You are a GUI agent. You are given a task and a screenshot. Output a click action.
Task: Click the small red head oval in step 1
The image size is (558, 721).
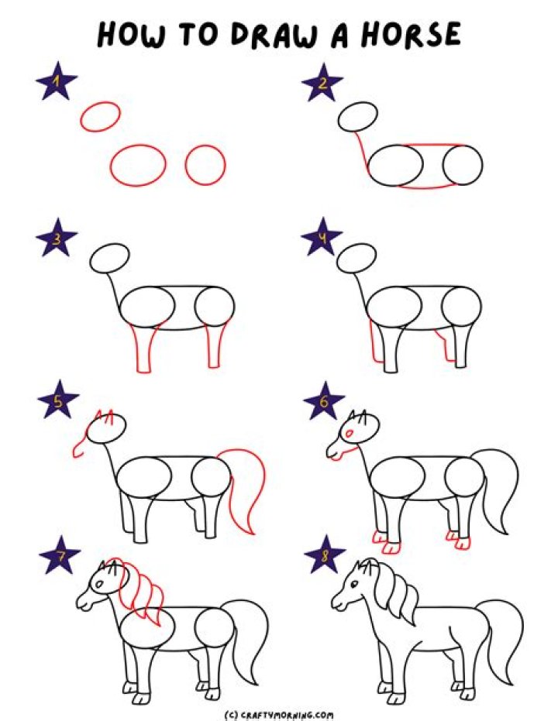point(100,118)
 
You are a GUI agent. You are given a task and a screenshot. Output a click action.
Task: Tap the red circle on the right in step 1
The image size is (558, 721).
point(205,165)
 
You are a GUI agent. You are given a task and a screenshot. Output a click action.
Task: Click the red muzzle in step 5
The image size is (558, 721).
point(80,447)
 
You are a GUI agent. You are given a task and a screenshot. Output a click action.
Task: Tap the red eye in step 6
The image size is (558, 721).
point(351,431)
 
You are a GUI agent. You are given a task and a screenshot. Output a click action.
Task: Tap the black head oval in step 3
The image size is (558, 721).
point(109,258)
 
